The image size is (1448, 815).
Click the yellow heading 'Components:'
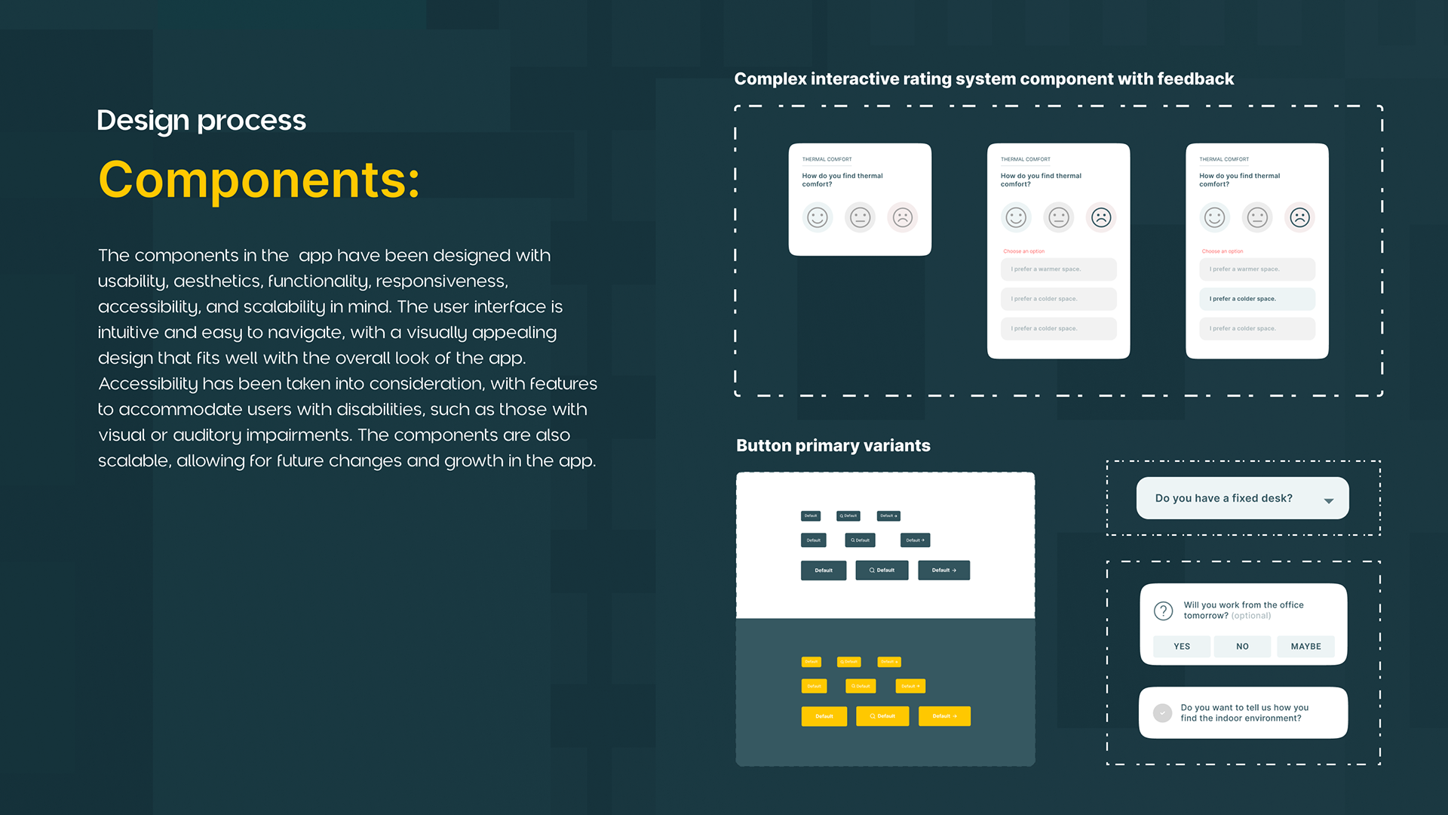pos(259,180)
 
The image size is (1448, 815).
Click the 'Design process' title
pos(201,121)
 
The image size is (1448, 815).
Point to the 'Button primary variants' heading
pos(833,445)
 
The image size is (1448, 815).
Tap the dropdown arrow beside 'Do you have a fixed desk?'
pos(1328,500)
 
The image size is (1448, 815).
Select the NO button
pos(1242,647)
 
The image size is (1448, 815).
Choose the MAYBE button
pos(1305,647)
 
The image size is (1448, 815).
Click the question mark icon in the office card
pos(1163,610)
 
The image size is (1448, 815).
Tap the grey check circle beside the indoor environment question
pos(1162,713)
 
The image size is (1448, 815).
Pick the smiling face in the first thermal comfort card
pos(818,218)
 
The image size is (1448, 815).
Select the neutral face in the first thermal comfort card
pos(860,218)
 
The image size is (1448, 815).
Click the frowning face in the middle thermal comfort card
pos(1101,218)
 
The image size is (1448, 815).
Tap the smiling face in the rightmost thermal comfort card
pos(1214,218)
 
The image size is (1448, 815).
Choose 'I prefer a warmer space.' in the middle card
pos(1058,269)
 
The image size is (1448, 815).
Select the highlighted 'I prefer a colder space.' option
pos(1257,299)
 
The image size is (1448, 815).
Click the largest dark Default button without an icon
pos(824,570)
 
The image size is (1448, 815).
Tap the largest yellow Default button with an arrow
pos(944,716)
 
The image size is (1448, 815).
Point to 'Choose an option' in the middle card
pos(1023,251)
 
